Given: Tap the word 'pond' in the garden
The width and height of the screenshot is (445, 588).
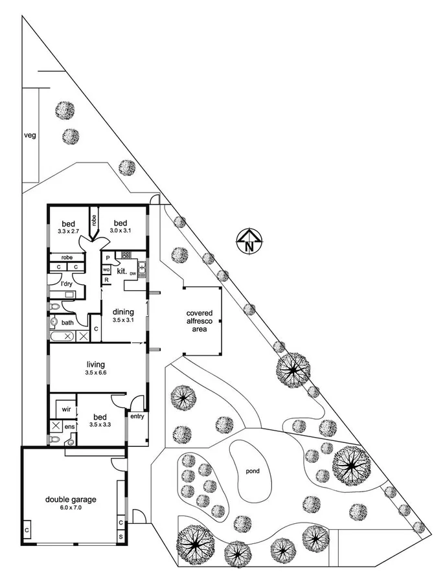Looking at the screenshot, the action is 252,471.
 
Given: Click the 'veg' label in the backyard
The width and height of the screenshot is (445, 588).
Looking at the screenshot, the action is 29,136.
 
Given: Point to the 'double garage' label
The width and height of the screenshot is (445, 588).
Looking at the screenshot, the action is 71,499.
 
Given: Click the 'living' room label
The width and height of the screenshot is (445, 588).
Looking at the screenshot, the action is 96,365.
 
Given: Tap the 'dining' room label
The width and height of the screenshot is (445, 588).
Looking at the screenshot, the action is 123,312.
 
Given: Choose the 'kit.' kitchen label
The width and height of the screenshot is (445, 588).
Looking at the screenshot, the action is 121,271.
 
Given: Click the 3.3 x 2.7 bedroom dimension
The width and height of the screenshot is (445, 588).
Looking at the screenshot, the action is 68,231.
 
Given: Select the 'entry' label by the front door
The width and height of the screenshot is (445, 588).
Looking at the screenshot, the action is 137,416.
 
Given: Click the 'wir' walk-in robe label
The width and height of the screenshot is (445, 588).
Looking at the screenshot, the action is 66,410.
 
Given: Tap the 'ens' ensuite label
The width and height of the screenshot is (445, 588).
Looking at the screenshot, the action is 69,427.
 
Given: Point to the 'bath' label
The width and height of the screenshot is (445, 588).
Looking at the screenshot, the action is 67,322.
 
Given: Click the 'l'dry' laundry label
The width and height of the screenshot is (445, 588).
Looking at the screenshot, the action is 66,284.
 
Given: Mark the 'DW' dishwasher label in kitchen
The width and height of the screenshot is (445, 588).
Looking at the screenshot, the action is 133,274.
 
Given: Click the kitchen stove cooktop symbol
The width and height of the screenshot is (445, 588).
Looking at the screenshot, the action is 125,254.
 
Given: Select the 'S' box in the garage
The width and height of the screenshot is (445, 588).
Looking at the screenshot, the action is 121,537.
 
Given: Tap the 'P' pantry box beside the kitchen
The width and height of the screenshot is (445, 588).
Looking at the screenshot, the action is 107,258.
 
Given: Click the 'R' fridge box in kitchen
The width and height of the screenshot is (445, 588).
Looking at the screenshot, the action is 107,280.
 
